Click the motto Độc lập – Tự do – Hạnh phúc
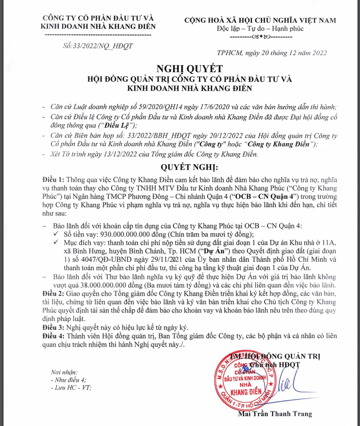click(x=261, y=28)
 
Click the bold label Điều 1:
click(x=53, y=179)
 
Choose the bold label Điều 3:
click(x=53, y=327)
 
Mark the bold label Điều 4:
click(x=53, y=335)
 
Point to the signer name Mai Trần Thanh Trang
click(x=275, y=414)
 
